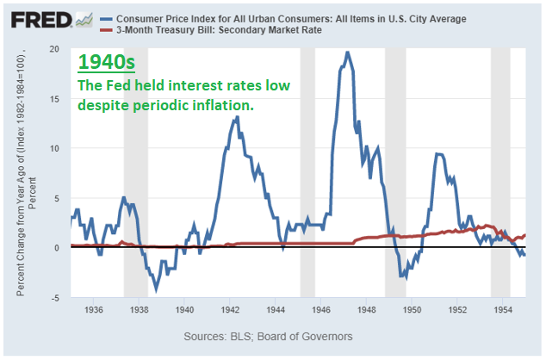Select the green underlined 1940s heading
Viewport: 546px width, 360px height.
[103, 63]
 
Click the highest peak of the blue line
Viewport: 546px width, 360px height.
[347, 52]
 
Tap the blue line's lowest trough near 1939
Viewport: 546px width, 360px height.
[156, 289]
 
